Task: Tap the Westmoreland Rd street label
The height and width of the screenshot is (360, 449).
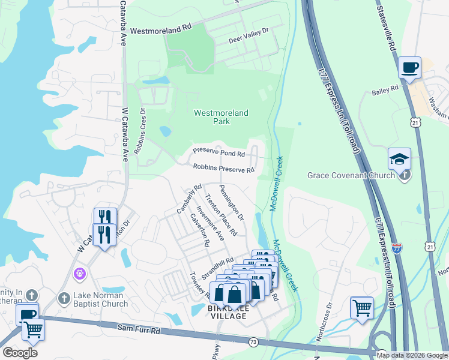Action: (x=160, y=28)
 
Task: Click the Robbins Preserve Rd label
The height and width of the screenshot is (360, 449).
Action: (x=223, y=169)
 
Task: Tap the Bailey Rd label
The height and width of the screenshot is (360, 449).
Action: (x=385, y=89)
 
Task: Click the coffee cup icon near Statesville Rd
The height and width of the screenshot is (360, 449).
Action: (x=409, y=67)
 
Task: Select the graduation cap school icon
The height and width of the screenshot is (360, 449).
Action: (x=399, y=158)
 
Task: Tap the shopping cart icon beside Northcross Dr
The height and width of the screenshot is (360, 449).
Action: (x=362, y=308)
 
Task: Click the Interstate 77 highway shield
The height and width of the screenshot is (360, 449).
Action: (x=397, y=247)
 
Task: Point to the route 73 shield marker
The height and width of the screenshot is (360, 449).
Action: (x=253, y=342)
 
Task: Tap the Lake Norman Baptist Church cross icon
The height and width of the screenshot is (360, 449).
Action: (x=64, y=298)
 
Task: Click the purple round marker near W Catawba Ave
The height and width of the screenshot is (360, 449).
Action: (x=79, y=274)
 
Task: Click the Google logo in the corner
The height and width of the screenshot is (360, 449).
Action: (x=20, y=352)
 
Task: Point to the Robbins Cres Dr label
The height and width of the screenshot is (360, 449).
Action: (x=139, y=131)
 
